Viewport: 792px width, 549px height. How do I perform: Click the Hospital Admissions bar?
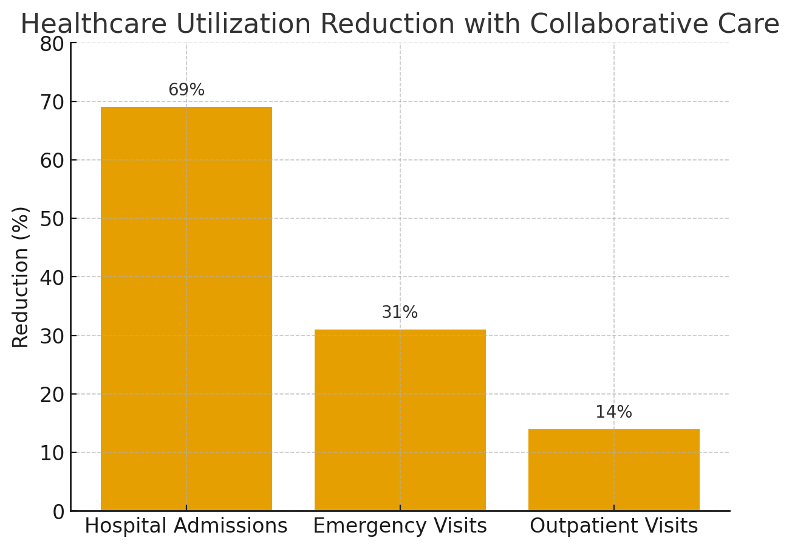[186, 309]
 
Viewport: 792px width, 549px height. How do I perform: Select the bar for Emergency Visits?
[400, 420]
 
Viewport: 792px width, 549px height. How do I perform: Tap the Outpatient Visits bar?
[613, 470]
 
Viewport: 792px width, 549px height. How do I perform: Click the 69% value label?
[186, 90]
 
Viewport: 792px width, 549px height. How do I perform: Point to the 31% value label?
[400, 312]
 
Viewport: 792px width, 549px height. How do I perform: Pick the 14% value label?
[613, 412]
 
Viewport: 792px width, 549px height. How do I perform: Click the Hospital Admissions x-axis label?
[186, 526]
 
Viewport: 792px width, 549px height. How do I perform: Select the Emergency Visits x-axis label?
[400, 526]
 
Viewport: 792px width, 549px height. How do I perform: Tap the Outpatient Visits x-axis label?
[613, 526]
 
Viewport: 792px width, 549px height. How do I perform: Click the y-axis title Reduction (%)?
[21, 277]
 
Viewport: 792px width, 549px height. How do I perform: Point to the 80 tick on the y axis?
[52, 44]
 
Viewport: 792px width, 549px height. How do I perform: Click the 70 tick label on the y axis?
[52, 102]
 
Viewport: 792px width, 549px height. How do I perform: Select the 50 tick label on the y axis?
[52, 219]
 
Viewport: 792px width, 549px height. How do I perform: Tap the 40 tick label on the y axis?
[52, 277]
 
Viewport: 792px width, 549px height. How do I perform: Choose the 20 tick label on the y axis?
[52, 395]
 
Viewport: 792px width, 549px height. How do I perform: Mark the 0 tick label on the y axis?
[58, 512]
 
